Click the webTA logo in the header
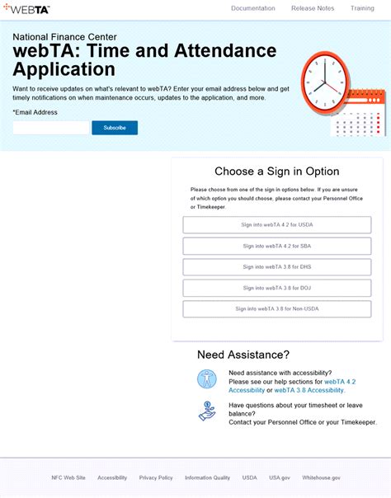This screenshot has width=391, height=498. point(26,9)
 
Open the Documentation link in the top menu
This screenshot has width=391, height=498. point(253,8)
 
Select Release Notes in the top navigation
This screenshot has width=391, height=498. point(313,8)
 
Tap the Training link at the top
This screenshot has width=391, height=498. point(362,8)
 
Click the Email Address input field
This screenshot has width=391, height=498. point(50,128)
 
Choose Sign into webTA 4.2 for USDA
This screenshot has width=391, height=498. point(277,224)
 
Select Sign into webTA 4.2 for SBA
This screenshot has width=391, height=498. point(277,246)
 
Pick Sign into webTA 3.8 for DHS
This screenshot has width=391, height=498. point(277,267)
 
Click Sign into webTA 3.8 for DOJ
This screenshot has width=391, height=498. point(277,288)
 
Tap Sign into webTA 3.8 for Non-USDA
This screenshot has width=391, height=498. point(277,309)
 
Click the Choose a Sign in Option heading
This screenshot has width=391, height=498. point(277,171)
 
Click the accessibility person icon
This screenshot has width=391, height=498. point(206,379)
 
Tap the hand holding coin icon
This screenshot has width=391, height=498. point(206,411)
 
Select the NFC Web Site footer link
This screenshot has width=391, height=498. point(68,477)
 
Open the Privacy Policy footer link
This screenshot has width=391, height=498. point(156,477)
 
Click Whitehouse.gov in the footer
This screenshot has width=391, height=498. point(322,477)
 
